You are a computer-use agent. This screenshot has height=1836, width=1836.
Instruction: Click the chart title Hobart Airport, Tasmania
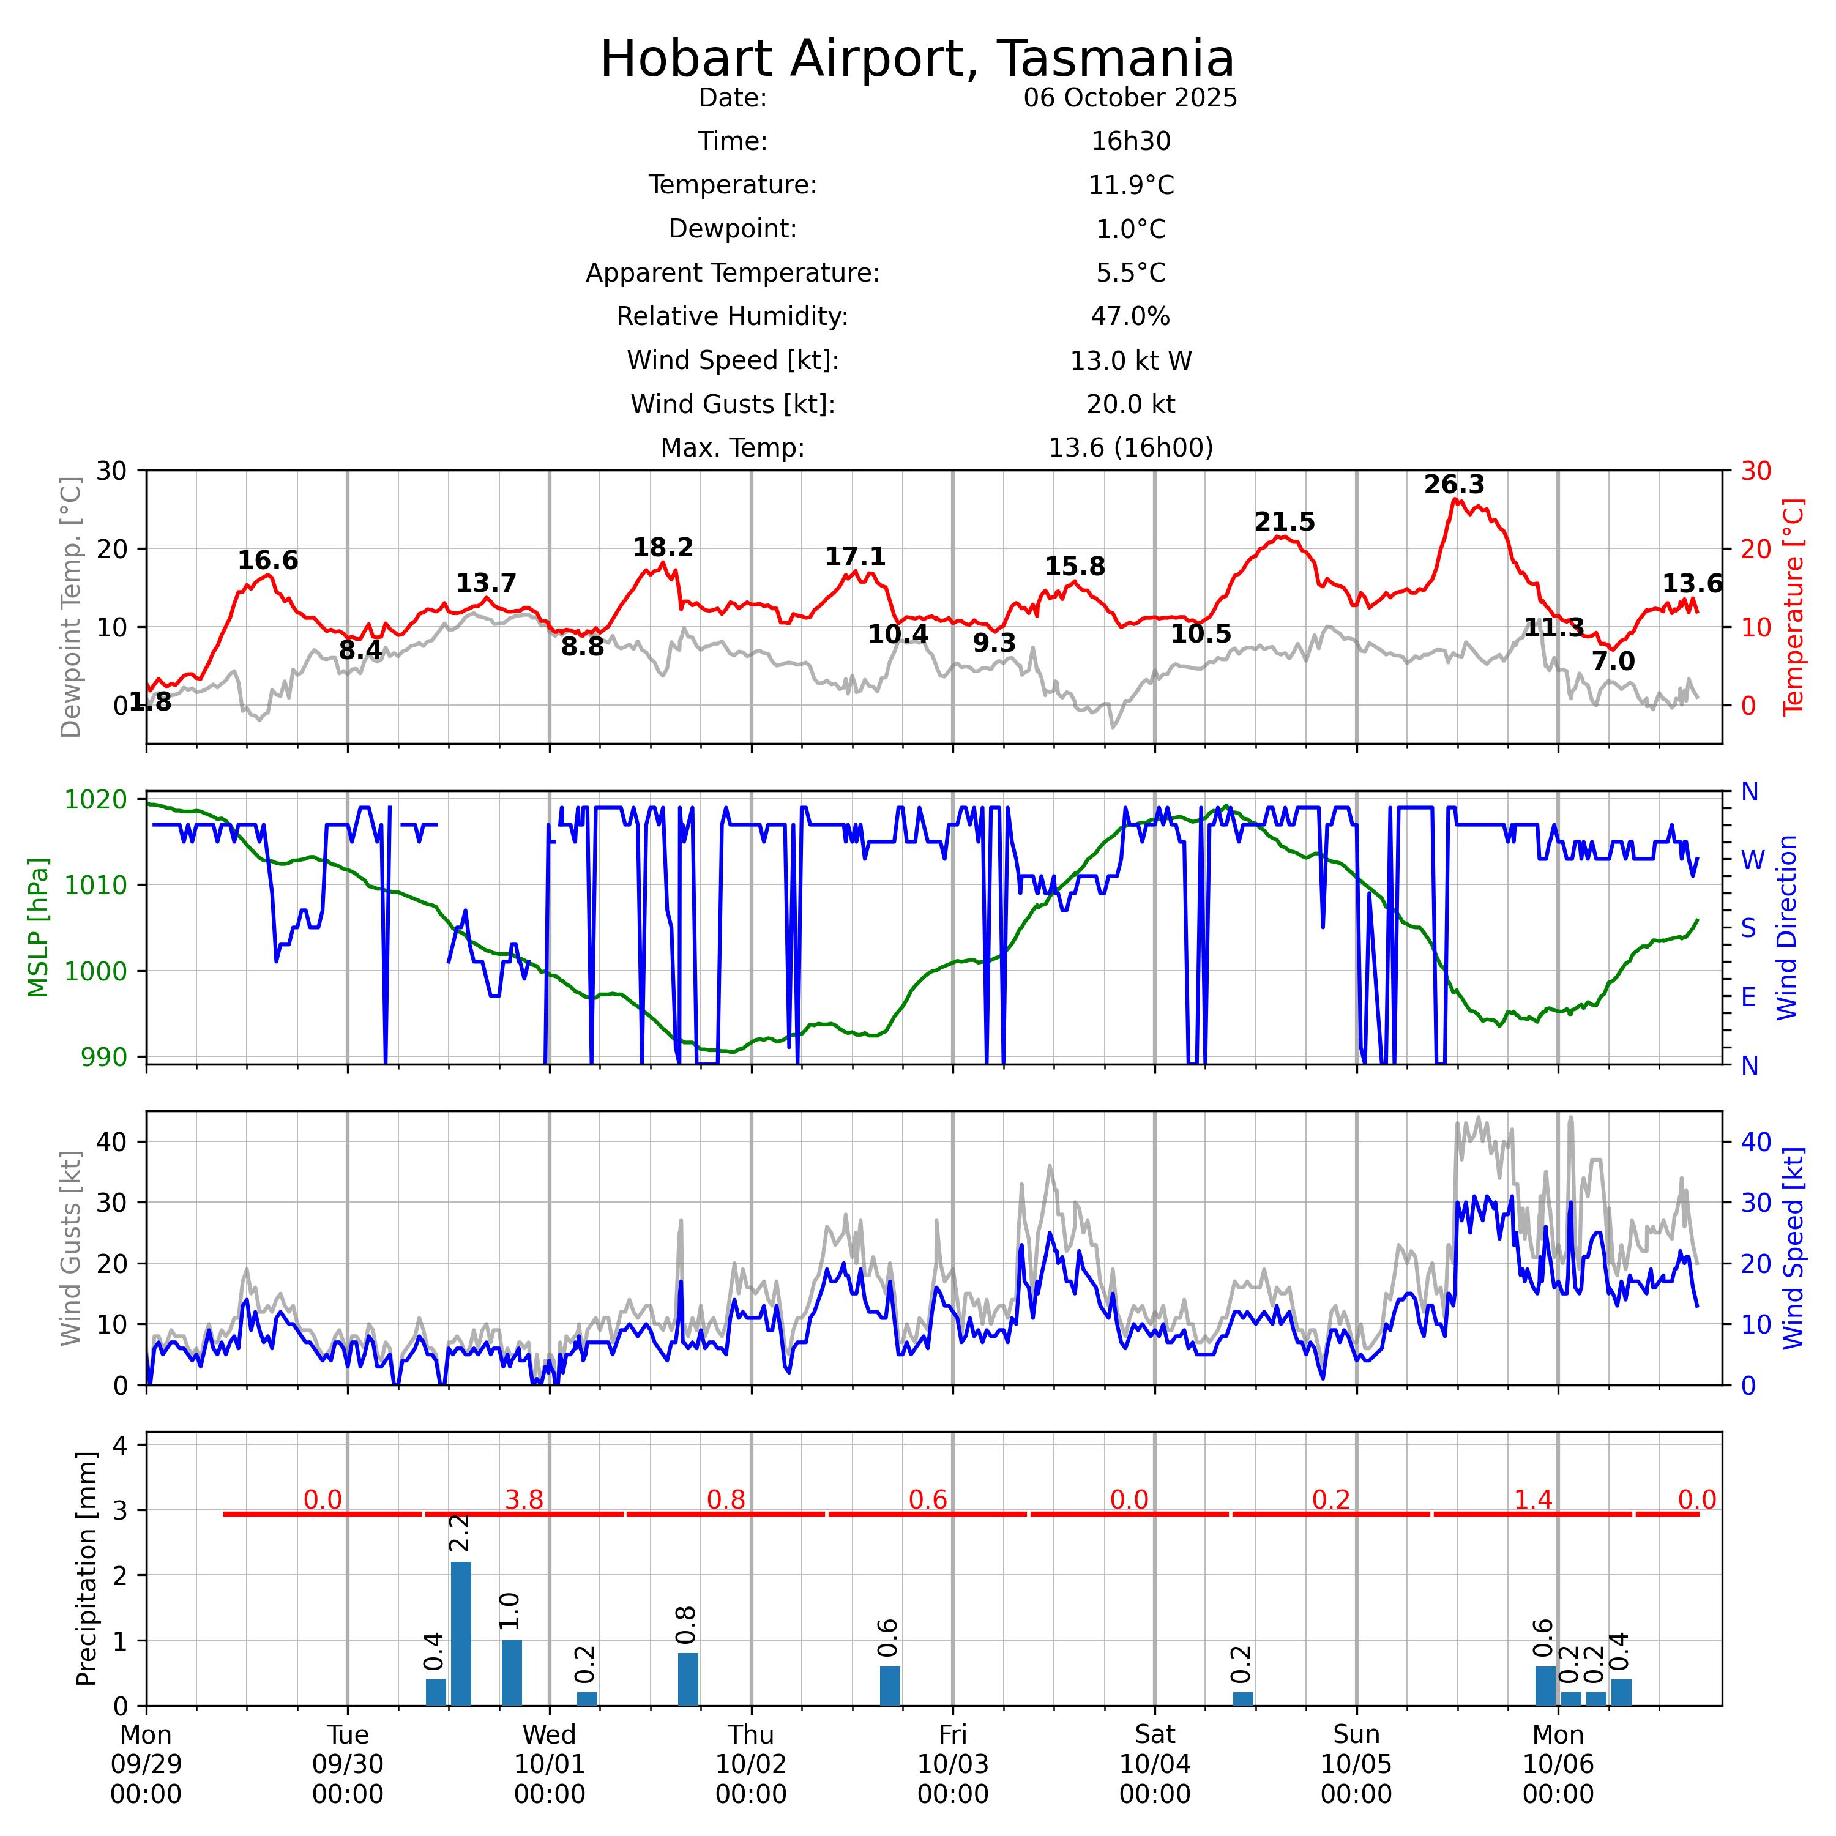click(917, 59)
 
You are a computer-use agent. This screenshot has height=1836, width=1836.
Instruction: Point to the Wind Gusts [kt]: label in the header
click(733, 405)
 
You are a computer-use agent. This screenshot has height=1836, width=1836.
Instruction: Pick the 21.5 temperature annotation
click(1284, 521)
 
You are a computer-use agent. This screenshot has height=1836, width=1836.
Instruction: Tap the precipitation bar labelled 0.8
click(688, 1679)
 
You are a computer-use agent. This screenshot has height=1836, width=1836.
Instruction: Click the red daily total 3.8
click(524, 1499)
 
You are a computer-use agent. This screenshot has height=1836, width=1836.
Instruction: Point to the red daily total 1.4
click(1533, 1499)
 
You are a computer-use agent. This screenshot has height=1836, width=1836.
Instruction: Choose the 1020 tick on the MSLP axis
click(96, 799)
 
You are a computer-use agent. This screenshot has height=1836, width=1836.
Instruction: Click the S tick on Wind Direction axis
click(1748, 928)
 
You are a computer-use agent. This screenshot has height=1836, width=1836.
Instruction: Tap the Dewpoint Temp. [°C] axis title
click(70, 606)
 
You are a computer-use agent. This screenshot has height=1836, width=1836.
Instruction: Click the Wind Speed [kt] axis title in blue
click(1793, 1248)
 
